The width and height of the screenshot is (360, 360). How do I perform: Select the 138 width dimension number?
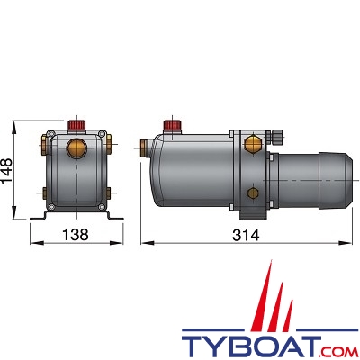coord(76,236)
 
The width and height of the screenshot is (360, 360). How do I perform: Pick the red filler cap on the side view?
coord(168,125)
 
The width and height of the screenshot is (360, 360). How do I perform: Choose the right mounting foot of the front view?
coord(112,216)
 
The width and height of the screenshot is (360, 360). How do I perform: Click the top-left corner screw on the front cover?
coord(51,137)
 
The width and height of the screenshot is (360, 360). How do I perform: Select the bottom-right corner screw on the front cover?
coord(101,207)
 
